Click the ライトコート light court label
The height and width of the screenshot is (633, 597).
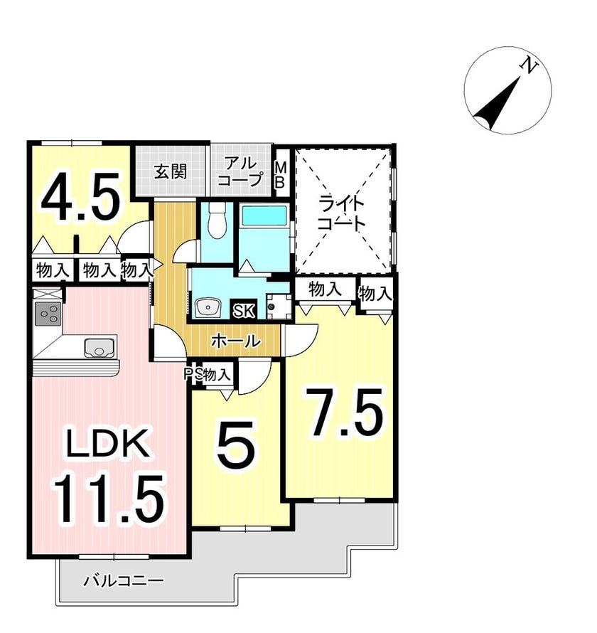341,213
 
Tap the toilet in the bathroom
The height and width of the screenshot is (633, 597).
217,220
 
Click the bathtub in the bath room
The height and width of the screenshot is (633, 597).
264,216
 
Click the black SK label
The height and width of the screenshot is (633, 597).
244,310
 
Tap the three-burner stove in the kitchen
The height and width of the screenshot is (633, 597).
48,314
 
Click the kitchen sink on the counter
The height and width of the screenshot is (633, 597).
99,348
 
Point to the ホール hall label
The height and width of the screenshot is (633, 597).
235,341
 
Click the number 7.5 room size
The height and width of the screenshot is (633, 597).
345,413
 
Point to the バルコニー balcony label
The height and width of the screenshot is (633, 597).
124,581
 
